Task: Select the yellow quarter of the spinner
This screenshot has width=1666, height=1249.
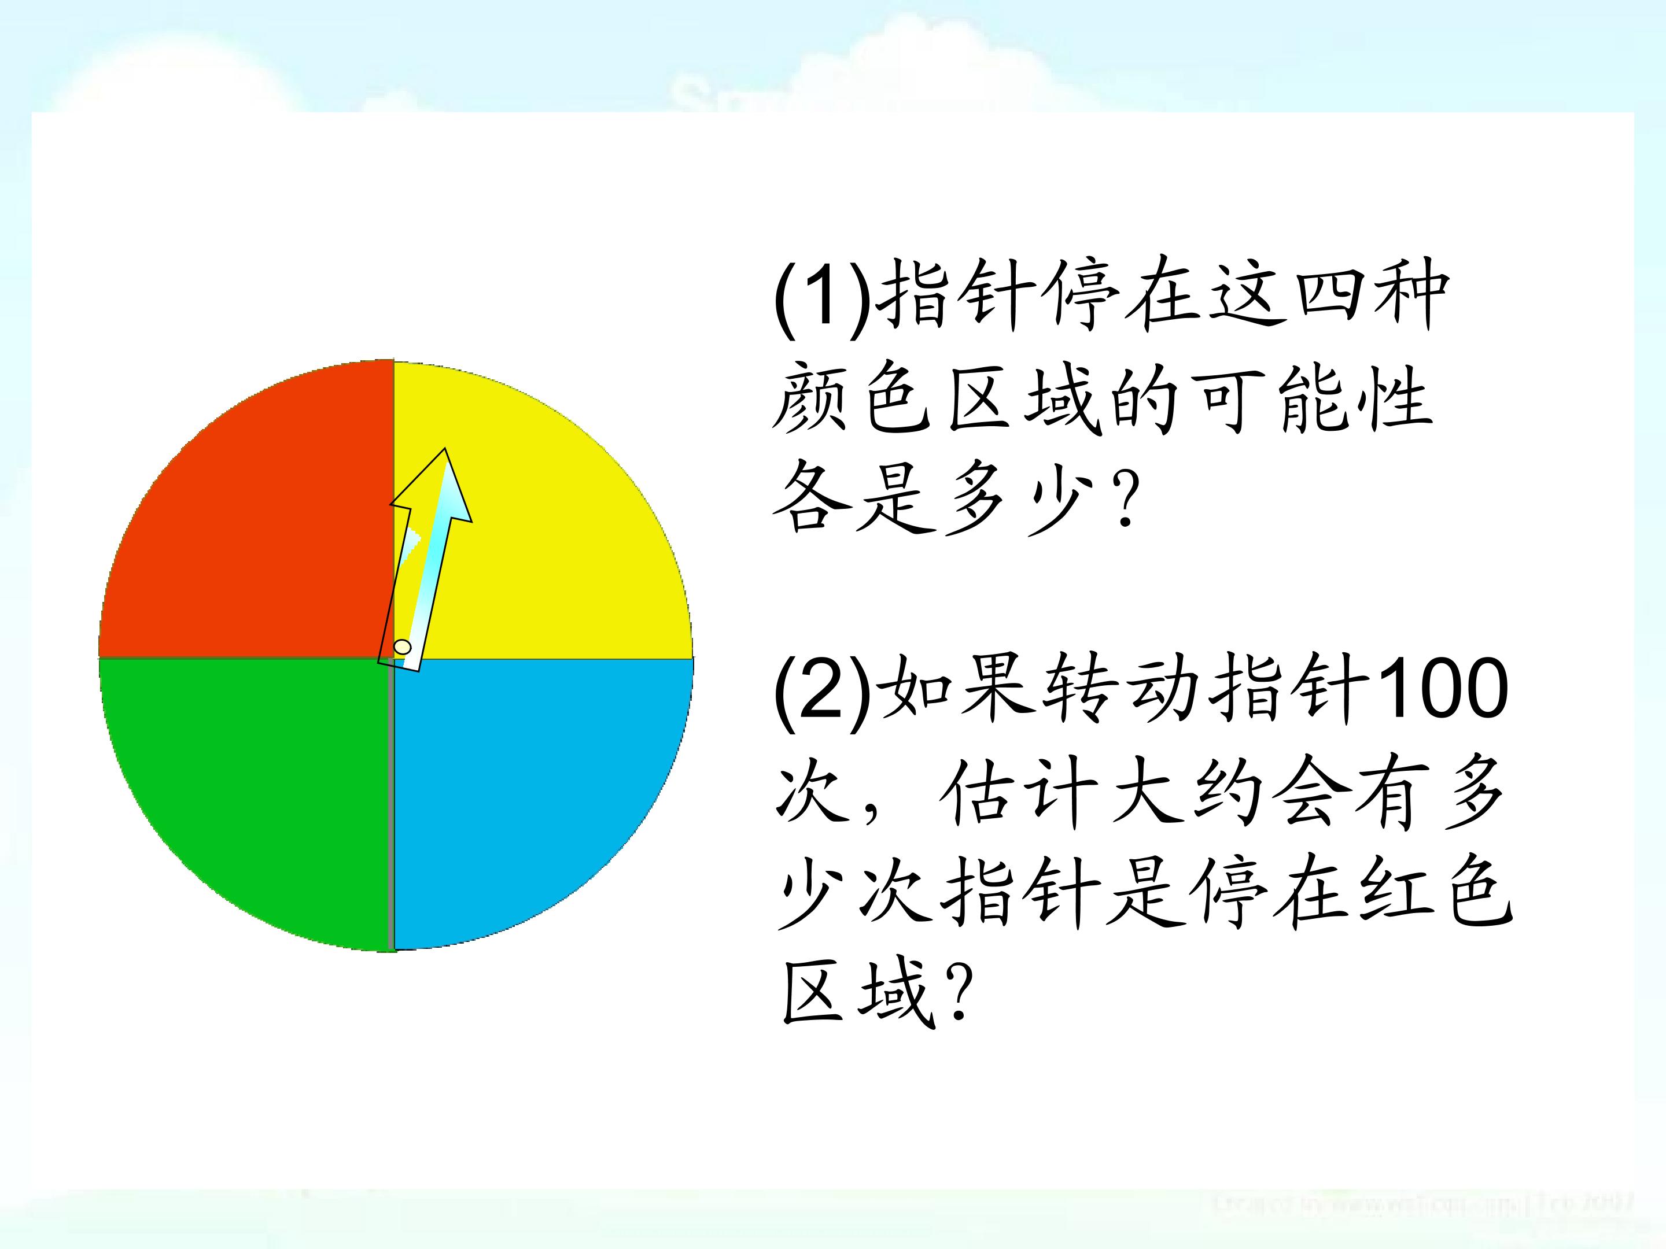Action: [x=557, y=542]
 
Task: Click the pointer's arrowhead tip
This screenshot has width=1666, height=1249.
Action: [x=446, y=452]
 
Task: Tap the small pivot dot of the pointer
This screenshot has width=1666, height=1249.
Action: [x=403, y=646]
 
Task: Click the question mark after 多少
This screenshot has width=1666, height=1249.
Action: [x=1127, y=500]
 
